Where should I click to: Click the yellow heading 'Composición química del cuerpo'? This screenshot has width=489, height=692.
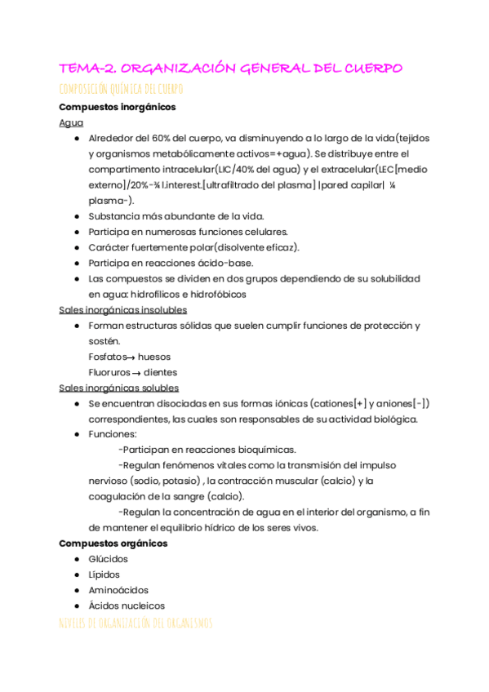(121, 89)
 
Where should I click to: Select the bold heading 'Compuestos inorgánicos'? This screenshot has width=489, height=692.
(117, 107)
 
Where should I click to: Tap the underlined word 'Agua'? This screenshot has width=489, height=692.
(71, 122)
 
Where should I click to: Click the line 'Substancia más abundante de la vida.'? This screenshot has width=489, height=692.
(176, 216)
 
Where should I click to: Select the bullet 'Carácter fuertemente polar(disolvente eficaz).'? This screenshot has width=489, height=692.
(193, 247)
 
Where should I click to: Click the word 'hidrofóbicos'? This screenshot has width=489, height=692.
(216, 294)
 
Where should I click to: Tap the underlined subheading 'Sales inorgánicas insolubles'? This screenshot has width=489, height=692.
(123, 310)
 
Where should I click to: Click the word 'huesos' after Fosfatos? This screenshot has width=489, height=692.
(154, 357)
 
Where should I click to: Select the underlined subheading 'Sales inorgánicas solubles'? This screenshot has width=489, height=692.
(119, 388)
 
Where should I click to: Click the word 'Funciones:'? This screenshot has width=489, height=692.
(113, 434)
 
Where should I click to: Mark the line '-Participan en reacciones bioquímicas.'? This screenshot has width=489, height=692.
(207, 450)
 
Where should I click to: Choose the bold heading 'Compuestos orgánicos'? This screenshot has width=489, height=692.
(113, 543)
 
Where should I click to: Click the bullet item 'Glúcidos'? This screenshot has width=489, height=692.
(108, 559)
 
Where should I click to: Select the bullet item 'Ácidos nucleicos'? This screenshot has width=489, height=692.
(127, 605)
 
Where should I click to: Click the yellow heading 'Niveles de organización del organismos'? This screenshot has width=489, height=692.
(136, 623)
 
